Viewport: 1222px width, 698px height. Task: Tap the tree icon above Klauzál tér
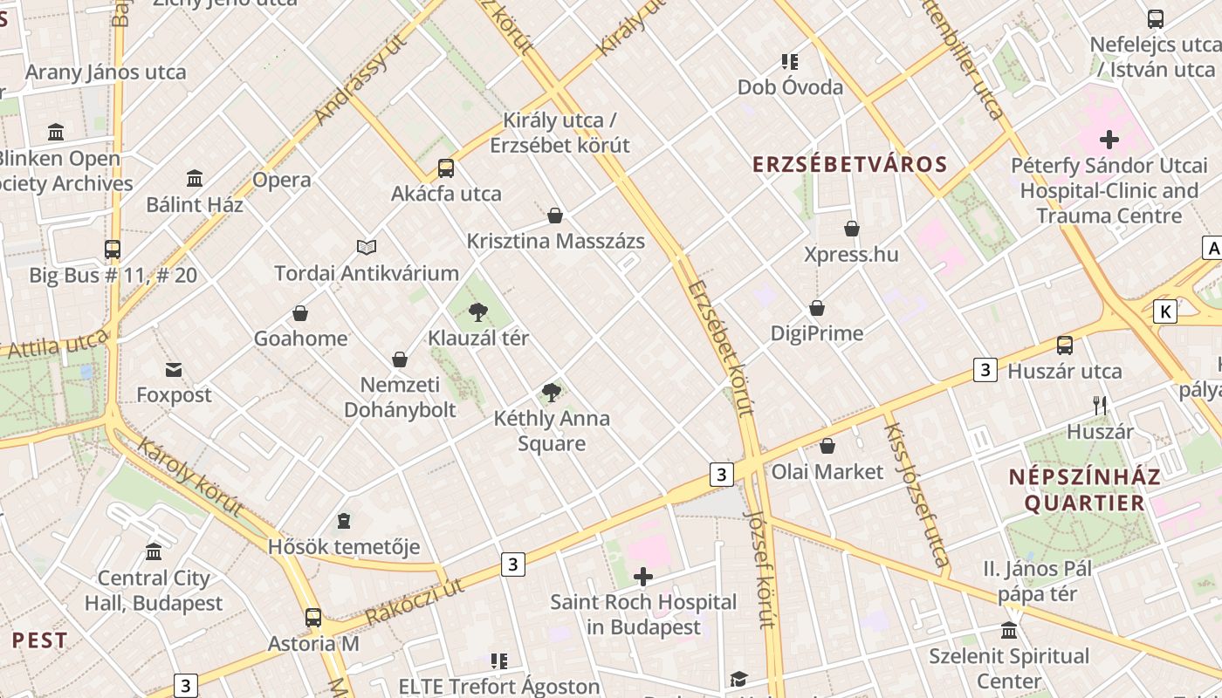pos(477,311)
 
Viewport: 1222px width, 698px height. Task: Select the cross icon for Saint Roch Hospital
pos(643,577)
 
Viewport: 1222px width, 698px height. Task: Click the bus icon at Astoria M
pos(313,618)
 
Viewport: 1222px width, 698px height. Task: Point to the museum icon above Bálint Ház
pos(195,179)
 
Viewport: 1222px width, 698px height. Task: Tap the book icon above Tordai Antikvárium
pos(367,248)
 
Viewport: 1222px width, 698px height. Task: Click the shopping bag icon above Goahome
pos(300,312)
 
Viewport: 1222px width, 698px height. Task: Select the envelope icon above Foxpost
pos(174,370)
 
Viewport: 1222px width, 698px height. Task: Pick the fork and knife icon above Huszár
pos(1100,406)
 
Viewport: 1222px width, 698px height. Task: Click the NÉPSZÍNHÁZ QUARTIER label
pos(1085,489)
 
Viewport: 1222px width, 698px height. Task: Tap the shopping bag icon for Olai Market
pos(827,446)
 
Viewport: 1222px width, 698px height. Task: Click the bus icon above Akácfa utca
pos(446,168)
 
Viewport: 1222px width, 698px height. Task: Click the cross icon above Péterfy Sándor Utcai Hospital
pos(1109,139)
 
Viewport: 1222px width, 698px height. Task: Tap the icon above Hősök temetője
pos(344,522)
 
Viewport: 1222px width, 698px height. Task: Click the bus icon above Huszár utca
pos(1065,345)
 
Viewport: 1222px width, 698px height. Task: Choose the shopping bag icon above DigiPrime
pos(817,308)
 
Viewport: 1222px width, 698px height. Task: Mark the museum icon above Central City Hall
pos(154,552)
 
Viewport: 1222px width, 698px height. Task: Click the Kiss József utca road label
pos(916,495)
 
